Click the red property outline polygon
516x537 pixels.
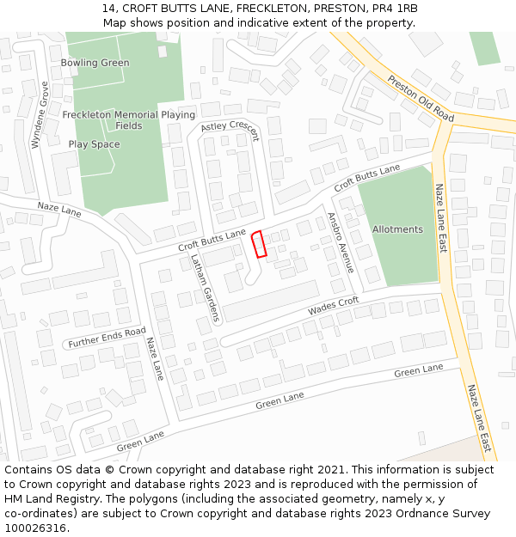point(258,244)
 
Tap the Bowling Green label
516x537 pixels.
point(95,63)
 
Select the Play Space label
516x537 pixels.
point(94,144)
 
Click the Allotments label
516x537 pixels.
point(397,229)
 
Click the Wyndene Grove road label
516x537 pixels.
point(40,115)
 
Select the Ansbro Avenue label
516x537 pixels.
point(340,243)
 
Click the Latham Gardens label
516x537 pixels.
point(206,288)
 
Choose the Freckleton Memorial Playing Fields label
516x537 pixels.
point(129,119)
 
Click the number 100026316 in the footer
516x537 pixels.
point(35,528)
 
